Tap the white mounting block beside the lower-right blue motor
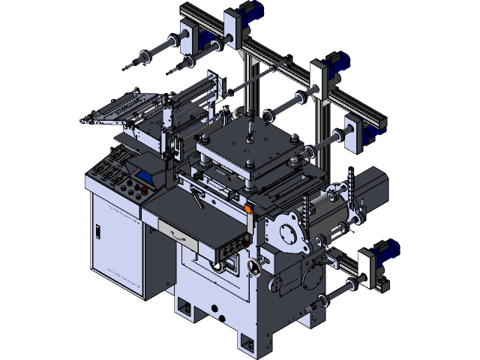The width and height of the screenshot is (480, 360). tap(367, 269)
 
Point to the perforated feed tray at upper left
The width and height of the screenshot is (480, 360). tap(120, 109)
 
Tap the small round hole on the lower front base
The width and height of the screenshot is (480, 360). tap(214, 308)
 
